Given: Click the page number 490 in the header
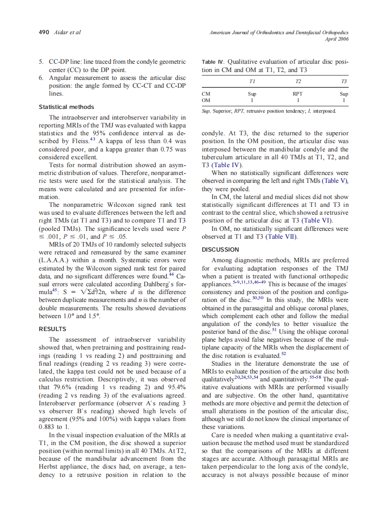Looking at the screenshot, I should [44, 32].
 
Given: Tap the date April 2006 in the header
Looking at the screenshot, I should [337, 39].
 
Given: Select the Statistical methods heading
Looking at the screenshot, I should [66, 107].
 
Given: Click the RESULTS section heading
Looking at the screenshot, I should [52, 329].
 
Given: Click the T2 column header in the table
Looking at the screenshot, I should [298, 81].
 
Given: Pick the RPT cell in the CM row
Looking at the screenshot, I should [298, 94].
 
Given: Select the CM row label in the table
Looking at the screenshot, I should [206, 94].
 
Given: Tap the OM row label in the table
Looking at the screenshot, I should [206, 100].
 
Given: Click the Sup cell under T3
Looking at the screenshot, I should [344, 94].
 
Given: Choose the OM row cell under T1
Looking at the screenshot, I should [252, 100].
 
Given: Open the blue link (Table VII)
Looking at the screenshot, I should [281, 237].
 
